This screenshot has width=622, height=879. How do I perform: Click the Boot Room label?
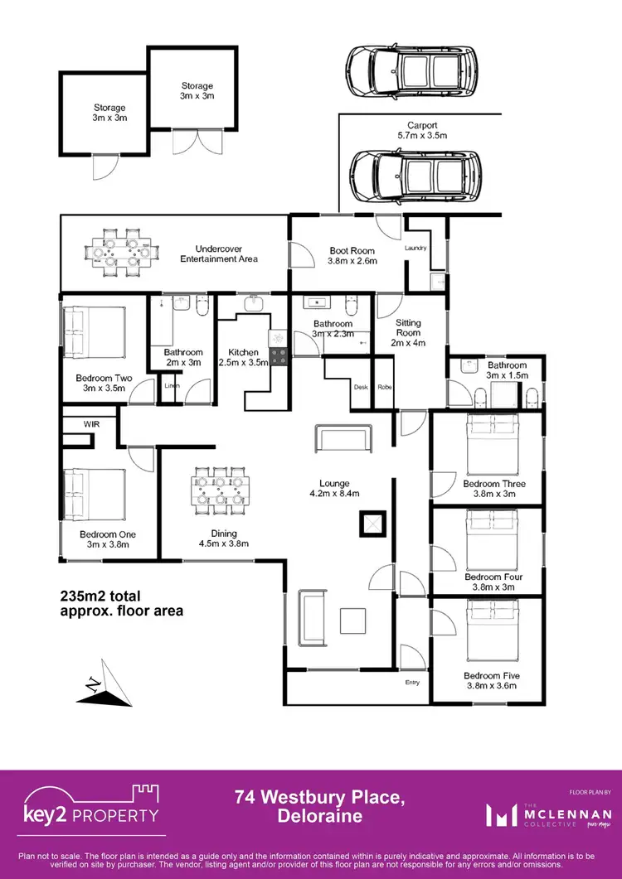coord(352,255)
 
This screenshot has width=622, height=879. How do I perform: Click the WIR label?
coord(91,423)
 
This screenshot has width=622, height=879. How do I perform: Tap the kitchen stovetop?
coord(279,357)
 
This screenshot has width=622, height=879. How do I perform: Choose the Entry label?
coord(412,682)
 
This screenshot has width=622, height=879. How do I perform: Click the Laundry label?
coord(415,248)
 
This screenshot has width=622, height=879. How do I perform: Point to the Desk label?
coord(360,387)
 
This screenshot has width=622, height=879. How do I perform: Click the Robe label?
coord(384,387)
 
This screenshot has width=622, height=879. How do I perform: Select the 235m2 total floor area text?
coord(121,603)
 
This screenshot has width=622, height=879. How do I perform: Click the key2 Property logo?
coord(90,811)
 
